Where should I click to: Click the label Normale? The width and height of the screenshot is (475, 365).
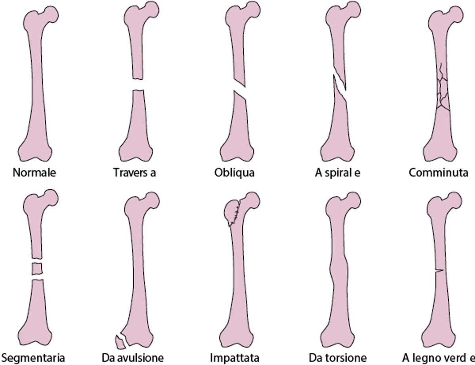34,173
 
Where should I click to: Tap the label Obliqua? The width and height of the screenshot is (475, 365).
234,173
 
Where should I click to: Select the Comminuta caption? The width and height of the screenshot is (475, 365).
439,173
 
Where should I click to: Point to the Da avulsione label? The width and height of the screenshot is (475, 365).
133,358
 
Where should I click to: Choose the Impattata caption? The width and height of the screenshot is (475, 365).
234,358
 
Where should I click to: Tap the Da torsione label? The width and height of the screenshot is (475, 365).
338,358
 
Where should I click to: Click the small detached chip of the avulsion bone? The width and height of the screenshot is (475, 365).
120,342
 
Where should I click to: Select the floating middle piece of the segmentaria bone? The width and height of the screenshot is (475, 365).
37,268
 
